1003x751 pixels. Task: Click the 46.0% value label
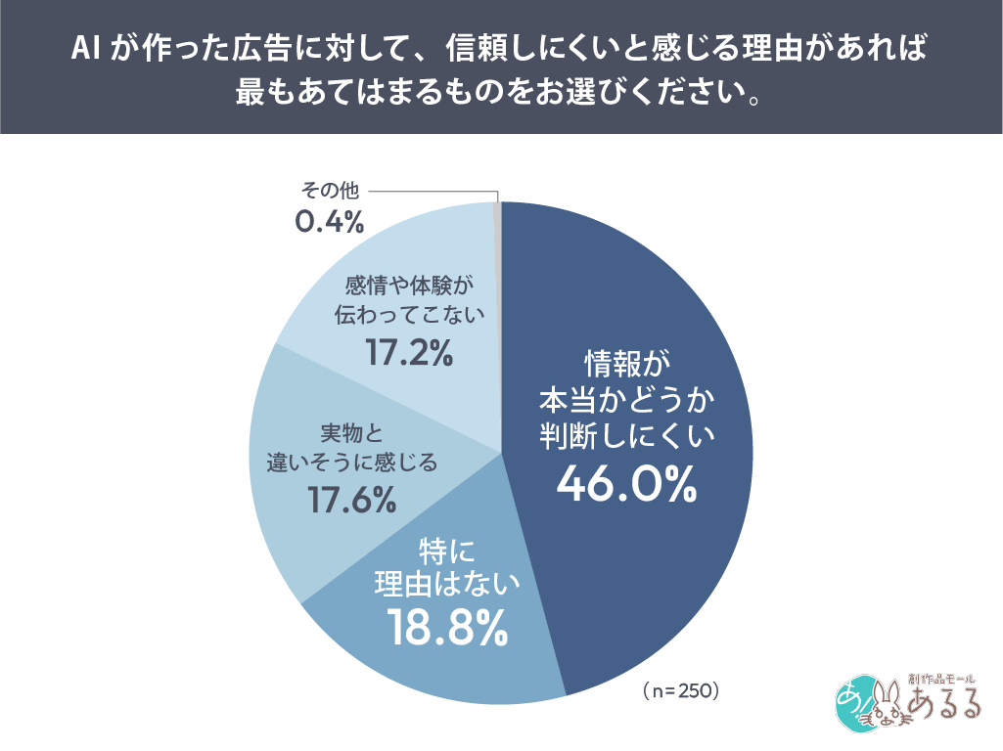(626, 482)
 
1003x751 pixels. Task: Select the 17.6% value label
(352, 500)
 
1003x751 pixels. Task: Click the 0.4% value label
(330, 222)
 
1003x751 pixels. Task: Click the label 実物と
(352, 432)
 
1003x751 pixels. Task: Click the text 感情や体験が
(408, 286)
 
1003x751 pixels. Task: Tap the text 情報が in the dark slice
(628, 364)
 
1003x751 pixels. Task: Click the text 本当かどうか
(628, 399)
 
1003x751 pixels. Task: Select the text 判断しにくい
(628, 434)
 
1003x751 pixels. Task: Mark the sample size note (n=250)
(682, 691)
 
